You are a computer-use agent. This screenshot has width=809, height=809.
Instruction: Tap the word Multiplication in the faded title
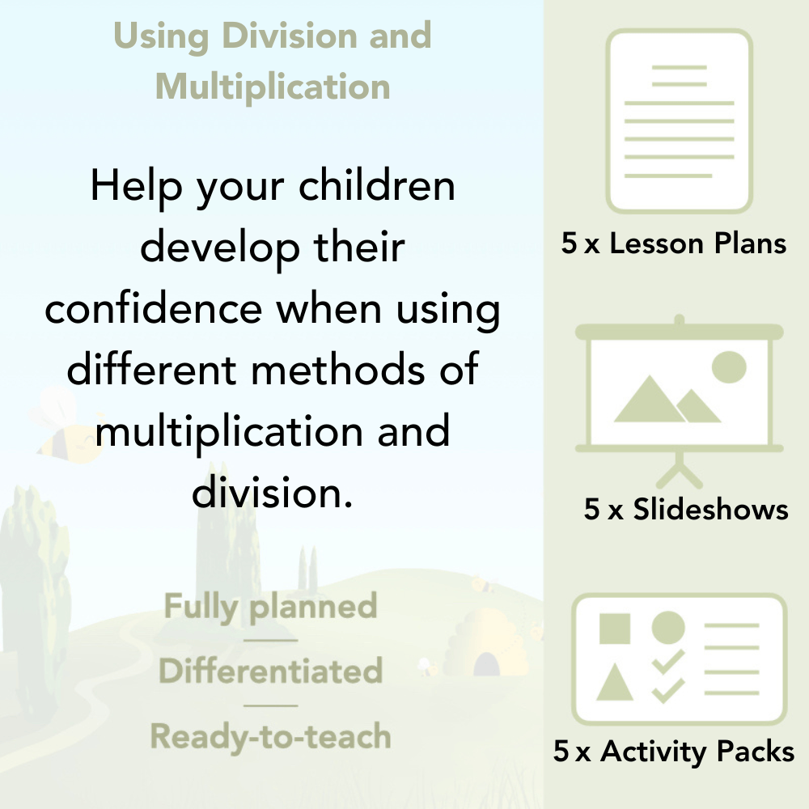pos(273,86)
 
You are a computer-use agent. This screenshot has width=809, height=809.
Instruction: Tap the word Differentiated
pos(271,671)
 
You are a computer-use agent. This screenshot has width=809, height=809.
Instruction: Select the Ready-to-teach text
pos(271,736)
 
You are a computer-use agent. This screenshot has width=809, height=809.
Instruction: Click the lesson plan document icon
pos(680,121)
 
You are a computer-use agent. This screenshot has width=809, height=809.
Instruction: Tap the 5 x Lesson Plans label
pos(674,244)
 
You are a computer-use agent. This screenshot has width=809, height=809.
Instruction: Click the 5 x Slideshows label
pos(686,509)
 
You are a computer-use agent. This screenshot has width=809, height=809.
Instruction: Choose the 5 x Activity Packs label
pos(674,752)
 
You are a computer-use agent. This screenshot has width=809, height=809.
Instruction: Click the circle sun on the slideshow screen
pos(728,366)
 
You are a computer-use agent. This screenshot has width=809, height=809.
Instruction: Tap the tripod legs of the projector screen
pos(680,470)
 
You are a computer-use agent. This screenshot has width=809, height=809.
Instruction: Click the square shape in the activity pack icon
pos(615,628)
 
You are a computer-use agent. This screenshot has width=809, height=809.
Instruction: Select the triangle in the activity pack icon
pos(614,683)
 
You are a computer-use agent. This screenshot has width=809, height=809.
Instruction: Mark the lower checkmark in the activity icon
pos(668,690)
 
